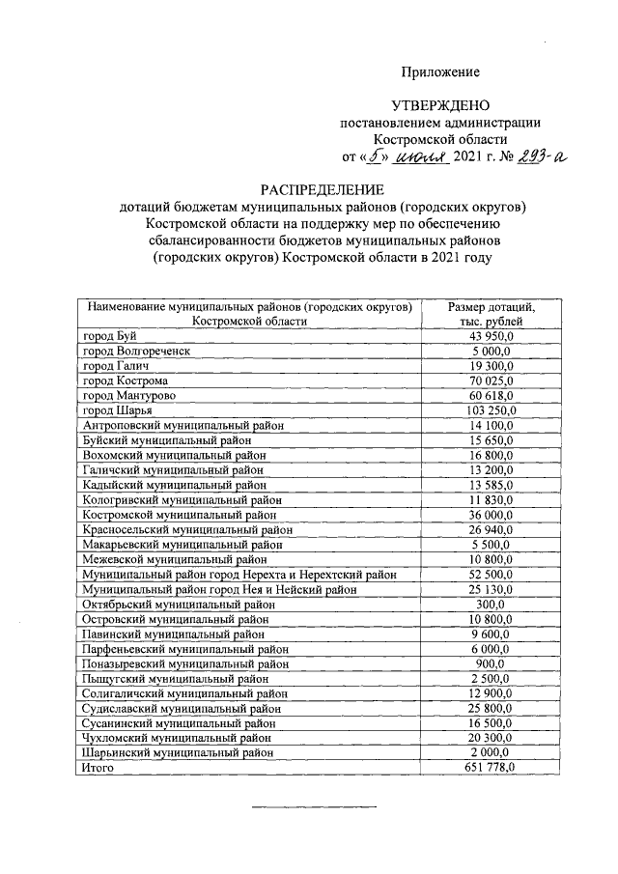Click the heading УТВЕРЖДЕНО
pyautogui.click(x=440, y=105)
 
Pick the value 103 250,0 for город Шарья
pyautogui.click(x=492, y=410)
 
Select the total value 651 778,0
pyautogui.click(x=492, y=767)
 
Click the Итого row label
pyautogui.click(x=98, y=767)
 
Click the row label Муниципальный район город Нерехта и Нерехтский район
pyautogui.click(x=239, y=574)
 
